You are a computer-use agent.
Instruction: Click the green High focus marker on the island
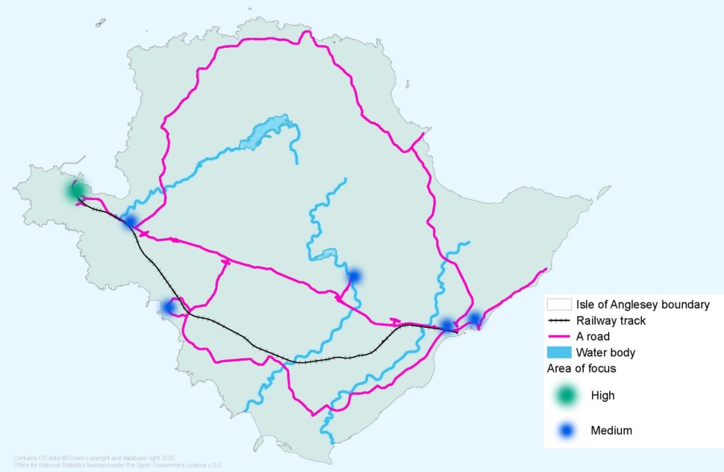point(75,190)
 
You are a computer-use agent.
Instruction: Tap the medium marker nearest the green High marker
point(130,221)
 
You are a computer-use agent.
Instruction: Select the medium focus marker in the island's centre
point(355,276)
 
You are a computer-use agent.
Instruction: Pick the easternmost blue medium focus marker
point(475,319)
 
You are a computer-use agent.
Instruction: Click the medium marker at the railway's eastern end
point(447,325)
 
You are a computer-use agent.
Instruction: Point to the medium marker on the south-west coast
point(169,306)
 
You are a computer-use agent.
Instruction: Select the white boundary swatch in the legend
point(559,305)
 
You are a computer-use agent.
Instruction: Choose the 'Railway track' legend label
point(611,320)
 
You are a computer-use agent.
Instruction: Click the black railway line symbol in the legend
point(559,320)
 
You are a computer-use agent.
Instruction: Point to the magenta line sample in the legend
point(559,336)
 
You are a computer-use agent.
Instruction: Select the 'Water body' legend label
point(605,352)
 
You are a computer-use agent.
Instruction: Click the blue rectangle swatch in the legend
point(559,352)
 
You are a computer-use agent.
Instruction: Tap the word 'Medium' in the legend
point(611,430)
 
